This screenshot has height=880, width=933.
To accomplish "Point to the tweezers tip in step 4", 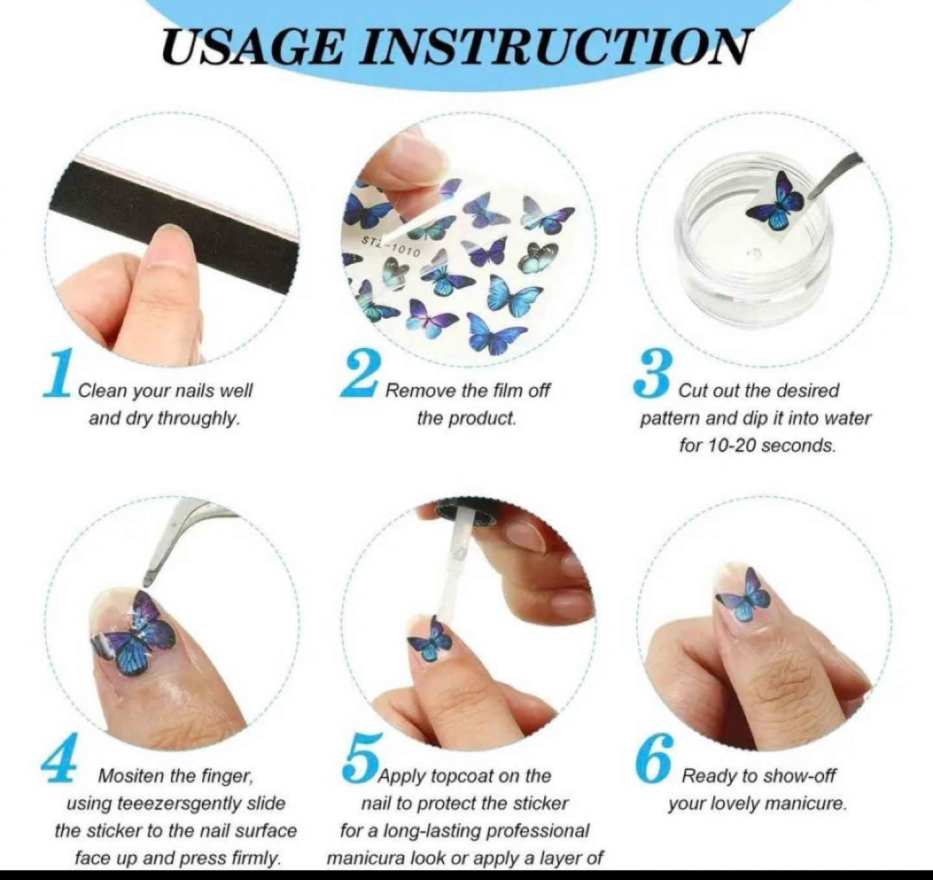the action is (147, 584).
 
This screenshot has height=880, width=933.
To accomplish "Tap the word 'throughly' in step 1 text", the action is (198, 418).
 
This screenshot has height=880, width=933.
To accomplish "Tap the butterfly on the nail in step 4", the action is (133, 634).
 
